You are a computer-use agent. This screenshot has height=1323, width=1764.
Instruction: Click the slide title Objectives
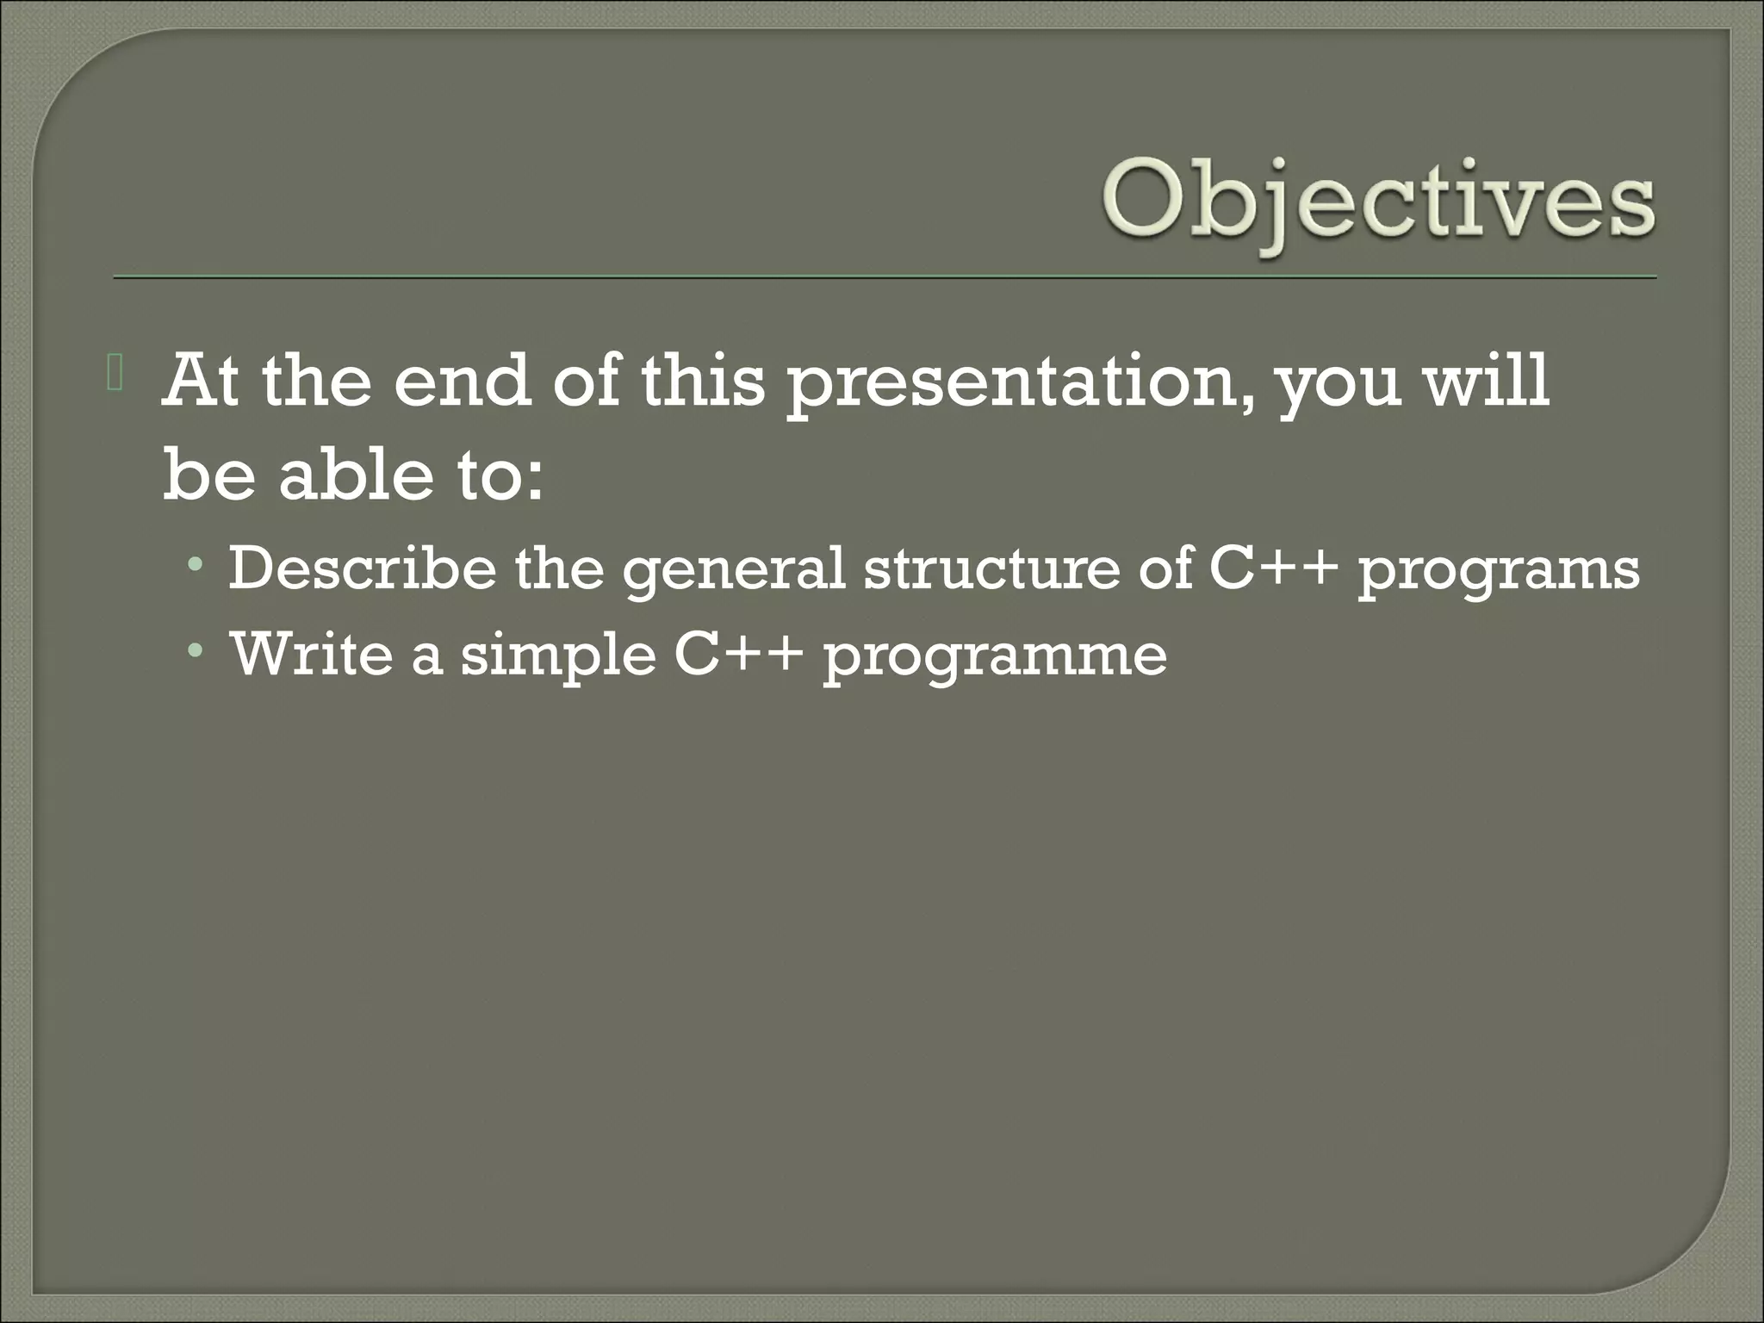click(1376, 204)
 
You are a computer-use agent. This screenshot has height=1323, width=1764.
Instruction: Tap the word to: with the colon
click(500, 476)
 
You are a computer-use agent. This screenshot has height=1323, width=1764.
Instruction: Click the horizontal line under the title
click(884, 277)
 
